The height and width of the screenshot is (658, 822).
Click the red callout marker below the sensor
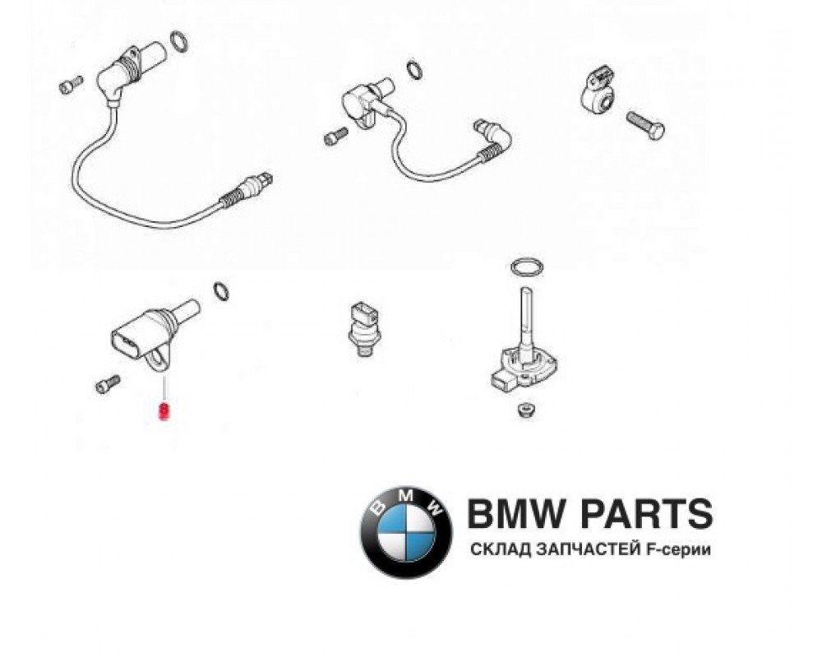point(164,409)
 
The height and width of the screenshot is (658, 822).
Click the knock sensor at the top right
point(604,86)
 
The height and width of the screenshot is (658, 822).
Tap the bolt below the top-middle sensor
point(334,137)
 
